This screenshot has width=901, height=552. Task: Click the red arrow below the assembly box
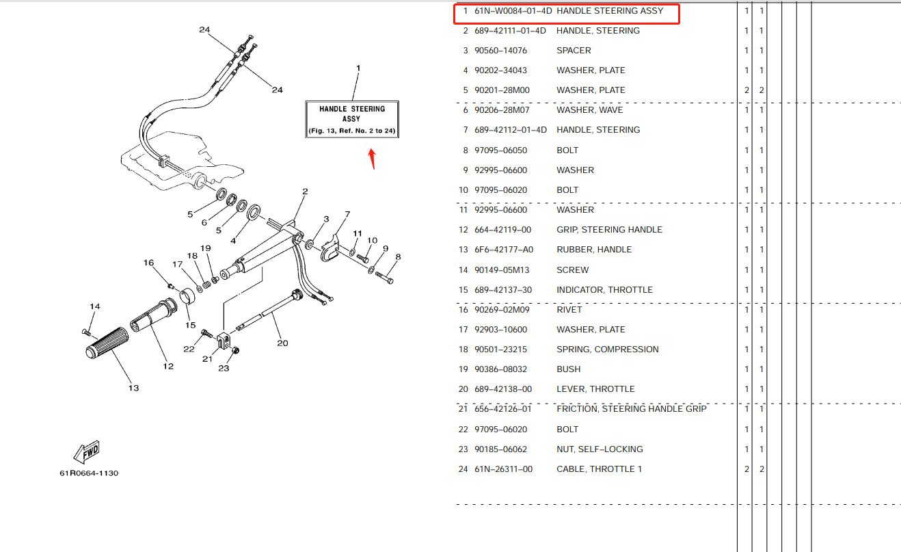372,158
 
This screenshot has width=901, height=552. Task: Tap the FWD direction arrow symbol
86,452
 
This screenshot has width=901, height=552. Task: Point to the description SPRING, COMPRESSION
607,350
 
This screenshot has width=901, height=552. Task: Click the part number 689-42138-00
503,389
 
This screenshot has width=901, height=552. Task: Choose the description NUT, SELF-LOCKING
600,449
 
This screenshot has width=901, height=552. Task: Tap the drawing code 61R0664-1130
88,473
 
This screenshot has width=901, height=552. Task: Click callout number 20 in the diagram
282,343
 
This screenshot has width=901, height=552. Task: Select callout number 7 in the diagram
347,214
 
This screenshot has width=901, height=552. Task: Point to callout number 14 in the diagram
94,306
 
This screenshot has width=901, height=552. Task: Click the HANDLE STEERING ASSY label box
352,119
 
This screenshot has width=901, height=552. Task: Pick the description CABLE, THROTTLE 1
600,469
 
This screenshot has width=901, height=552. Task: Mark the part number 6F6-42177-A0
504,250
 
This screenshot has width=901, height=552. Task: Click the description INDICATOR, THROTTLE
604,290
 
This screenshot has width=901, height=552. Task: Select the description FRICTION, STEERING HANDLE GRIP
632,409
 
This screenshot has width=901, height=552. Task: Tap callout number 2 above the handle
305,192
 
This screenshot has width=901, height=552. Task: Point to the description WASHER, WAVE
589,110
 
